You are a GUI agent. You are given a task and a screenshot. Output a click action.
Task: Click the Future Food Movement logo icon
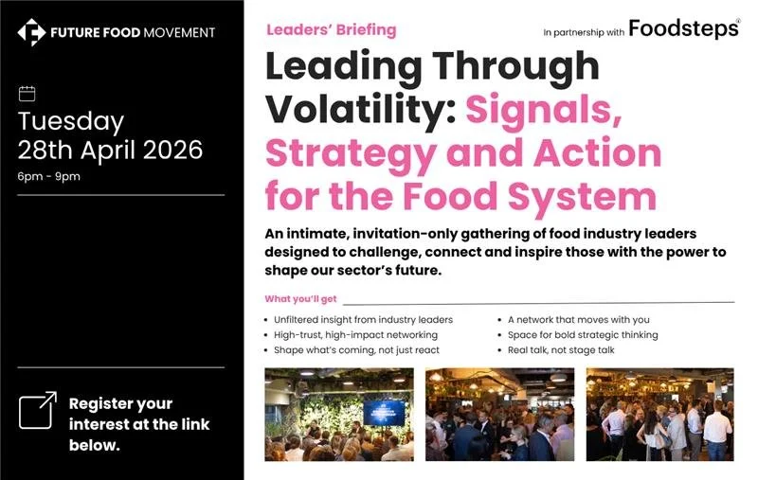click(x=31, y=33)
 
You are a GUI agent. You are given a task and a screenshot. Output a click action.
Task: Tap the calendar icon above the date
click(x=27, y=93)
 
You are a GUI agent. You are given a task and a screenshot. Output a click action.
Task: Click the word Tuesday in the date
click(x=71, y=121)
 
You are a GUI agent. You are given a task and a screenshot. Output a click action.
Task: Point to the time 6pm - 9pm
click(x=49, y=177)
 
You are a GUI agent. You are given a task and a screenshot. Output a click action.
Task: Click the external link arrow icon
click(x=38, y=410)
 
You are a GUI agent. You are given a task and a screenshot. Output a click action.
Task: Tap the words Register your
click(x=120, y=403)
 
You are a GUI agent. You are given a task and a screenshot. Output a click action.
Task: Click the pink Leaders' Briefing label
click(x=331, y=29)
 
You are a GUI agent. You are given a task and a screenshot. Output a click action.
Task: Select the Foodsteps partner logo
click(x=683, y=29)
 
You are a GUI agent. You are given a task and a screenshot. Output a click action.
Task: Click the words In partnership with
click(x=584, y=32)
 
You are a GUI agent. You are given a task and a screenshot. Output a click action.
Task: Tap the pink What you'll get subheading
click(x=300, y=299)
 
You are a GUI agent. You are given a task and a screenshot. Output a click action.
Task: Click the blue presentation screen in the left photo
click(x=383, y=412)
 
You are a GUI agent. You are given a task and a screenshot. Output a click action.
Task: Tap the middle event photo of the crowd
click(x=499, y=415)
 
